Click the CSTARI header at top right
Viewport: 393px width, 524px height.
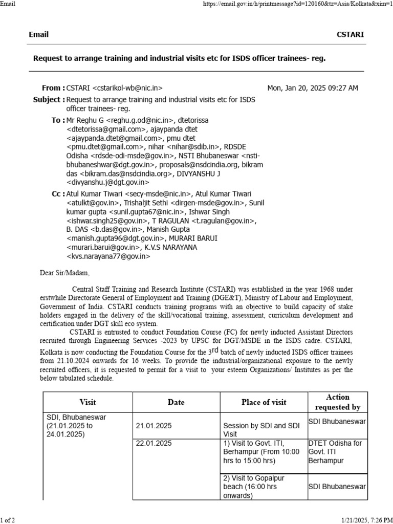350,34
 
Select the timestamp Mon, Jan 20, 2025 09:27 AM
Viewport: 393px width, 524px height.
313,88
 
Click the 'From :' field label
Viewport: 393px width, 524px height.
53,88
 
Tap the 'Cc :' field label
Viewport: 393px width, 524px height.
57,193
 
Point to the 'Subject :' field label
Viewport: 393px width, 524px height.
49,99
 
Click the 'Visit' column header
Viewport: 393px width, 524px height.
88,402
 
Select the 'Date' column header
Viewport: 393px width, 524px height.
176,402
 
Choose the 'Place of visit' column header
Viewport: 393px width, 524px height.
264,402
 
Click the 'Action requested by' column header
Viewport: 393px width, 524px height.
338,402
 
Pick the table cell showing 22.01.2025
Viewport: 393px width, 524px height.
154,443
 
